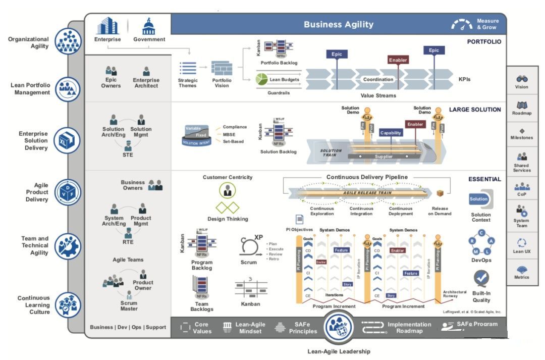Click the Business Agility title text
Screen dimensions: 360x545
point(339,24)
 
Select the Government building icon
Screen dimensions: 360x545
point(149,26)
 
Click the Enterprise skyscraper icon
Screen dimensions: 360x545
point(107,26)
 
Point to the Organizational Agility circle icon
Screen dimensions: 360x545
point(67,41)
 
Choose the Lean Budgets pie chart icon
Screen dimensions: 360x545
point(261,80)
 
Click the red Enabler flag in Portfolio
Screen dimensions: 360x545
point(398,60)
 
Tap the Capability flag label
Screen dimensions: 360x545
point(391,133)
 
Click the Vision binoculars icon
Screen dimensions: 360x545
point(522,79)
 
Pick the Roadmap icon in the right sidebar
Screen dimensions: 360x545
point(522,105)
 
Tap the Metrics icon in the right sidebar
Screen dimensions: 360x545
point(522,269)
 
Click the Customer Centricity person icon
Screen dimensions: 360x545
point(228,190)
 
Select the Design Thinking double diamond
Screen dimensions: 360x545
point(228,208)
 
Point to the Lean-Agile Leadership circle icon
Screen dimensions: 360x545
point(339,328)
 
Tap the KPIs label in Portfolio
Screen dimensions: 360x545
point(465,79)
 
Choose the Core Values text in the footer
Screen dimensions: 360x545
point(201,328)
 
